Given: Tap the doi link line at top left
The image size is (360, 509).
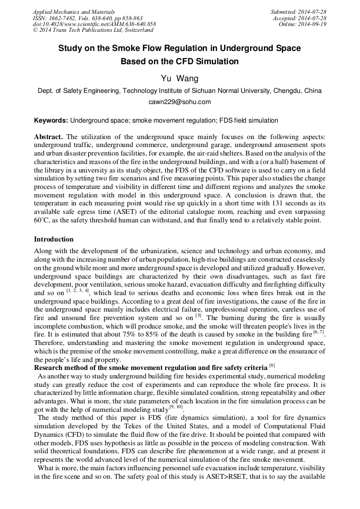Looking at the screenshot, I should point(94,24).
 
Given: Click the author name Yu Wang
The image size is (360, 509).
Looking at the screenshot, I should point(179,79).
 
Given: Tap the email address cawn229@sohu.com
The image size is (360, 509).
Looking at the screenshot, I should point(179,102).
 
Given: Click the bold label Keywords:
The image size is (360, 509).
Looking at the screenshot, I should point(51,120).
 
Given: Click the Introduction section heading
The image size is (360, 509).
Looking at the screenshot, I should point(54,239).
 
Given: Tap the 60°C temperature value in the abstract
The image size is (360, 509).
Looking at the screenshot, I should point(40,220).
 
